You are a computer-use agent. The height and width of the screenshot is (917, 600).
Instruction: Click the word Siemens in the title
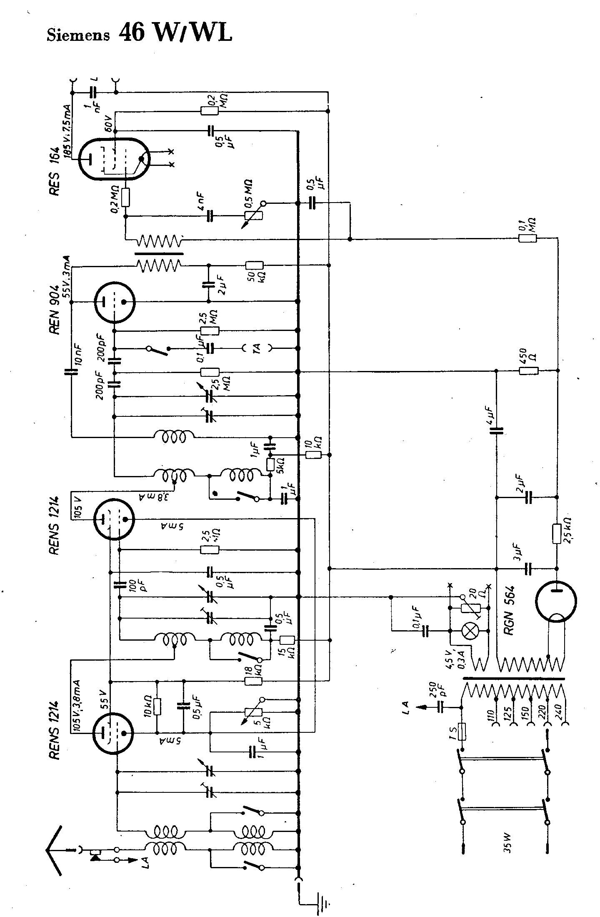pyautogui.click(x=78, y=35)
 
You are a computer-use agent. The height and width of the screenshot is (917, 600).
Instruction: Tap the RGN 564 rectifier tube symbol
pyautogui.click(x=557, y=601)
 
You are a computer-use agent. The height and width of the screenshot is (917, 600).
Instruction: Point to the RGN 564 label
pyautogui.click(x=510, y=611)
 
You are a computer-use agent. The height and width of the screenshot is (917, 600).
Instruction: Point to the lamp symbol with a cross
pyautogui.click(x=471, y=631)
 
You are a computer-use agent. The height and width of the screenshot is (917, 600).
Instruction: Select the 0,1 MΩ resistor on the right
pyautogui.click(x=527, y=239)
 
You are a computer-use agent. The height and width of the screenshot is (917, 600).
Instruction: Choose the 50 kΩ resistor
pyautogui.click(x=254, y=265)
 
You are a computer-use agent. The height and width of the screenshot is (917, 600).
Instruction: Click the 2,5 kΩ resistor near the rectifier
pyautogui.click(x=557, y=534)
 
